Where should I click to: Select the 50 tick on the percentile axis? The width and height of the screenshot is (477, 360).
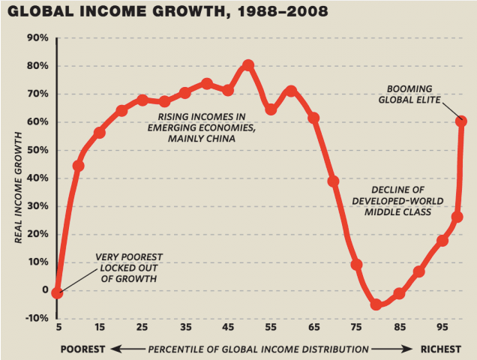248,327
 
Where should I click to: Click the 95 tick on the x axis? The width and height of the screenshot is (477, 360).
442,327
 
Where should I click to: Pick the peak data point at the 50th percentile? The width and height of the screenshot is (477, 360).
249,65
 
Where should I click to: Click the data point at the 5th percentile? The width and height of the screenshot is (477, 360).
57,292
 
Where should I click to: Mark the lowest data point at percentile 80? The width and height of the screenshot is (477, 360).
376,304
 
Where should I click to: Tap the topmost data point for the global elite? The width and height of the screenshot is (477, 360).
462,121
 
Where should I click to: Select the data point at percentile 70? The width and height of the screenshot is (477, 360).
334,181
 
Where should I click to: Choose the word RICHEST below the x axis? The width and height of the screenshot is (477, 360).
440,349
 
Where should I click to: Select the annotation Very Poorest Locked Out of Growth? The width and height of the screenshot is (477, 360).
129,268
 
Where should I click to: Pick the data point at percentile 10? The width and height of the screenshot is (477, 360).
78,165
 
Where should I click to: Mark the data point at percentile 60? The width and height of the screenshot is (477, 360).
291,91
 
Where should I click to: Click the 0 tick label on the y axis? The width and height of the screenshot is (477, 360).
45,290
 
